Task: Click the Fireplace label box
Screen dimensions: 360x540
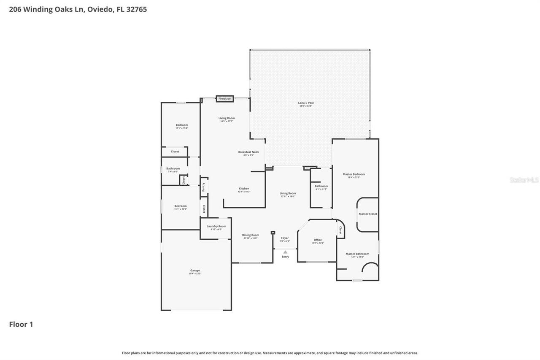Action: coord(224,99)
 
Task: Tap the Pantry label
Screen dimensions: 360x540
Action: coord(203,187)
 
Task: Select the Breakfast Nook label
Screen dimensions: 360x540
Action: coord(248,152)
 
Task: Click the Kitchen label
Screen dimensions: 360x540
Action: coord(244,189)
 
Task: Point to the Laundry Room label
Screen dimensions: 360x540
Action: coord(216,226)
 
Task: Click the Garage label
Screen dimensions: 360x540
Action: coord(195,271)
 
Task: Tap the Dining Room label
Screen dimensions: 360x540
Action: coord(251,235)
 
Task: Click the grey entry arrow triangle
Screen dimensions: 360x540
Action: coord(285,252)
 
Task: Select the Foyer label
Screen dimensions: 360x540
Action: coord(285,238)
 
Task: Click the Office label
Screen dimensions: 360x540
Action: coord(318,240)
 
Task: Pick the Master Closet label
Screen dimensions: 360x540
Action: coord(368,214)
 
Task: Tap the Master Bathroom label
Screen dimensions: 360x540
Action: coord(357,254)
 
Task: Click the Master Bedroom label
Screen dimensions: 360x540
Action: coord(354,174)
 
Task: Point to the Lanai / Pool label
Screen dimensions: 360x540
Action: coord(306,103)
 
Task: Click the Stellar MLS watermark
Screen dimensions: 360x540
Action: coord(524,180)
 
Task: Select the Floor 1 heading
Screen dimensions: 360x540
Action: coord(21,325)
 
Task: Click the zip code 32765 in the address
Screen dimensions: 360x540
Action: coord(136,9)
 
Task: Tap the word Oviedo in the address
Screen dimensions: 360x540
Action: coord(100,9)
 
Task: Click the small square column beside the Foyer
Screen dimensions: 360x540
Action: coord(273,232)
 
